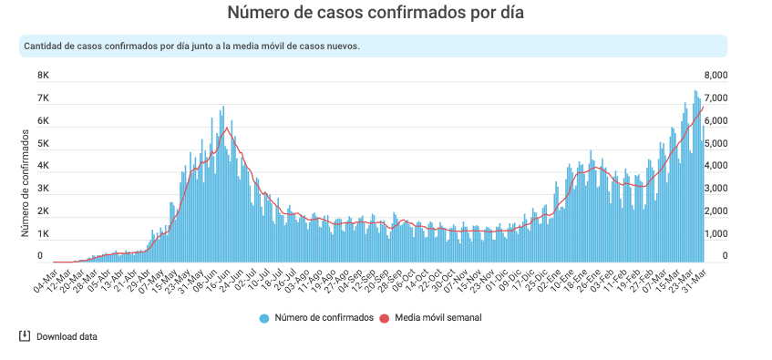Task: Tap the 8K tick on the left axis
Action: point(43,76)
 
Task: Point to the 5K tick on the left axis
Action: point(43,144)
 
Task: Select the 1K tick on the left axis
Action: point(43,234)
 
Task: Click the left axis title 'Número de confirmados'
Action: point(26,183)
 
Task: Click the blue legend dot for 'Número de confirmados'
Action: point(263,317)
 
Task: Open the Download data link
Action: point(67,336)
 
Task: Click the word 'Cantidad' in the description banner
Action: point(45,46)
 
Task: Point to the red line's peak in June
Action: point(226,128)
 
